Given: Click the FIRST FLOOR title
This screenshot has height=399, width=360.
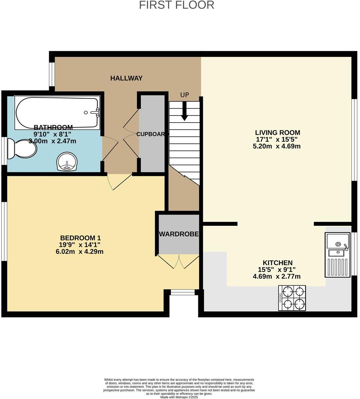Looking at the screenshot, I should point(177,5).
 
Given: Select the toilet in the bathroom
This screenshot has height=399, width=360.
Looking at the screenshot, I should point(22,149).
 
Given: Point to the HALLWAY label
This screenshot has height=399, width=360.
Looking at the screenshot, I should point(126,78).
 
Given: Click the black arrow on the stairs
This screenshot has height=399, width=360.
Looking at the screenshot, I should point(184,112).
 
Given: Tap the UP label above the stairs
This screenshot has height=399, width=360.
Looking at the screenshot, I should point(184,95).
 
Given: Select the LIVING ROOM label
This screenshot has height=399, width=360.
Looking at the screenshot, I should point(277,133).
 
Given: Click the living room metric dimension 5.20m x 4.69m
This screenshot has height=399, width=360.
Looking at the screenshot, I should point(277,146).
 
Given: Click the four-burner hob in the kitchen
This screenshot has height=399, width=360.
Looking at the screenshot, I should point(292,298).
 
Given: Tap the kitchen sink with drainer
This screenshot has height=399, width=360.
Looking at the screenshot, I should point(337,255).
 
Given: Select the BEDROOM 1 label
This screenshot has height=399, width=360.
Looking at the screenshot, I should point(80,238).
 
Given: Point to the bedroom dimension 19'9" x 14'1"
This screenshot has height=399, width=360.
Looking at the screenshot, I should point(77,245).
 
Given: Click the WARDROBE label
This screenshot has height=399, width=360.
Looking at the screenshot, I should point(178,234).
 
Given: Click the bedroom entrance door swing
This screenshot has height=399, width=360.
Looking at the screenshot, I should point(117,181).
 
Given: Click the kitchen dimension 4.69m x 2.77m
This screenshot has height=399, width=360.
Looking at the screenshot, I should point(277,277).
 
